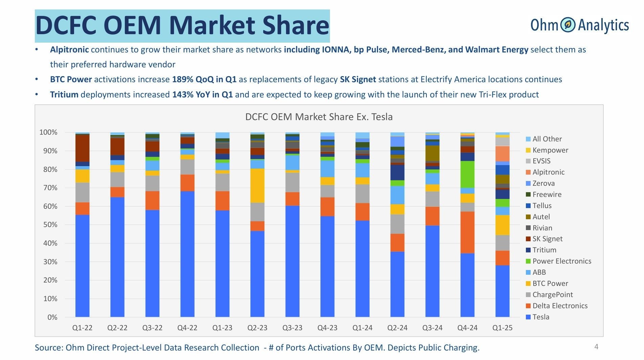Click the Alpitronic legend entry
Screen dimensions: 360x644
click(548, 172)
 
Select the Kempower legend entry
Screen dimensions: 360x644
click(550, 150)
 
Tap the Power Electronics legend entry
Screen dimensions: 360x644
click(561, 261)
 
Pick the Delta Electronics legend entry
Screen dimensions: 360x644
click(560, 306)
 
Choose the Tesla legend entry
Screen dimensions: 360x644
click(540, 317)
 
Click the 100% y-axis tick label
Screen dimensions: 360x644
click(48, 132)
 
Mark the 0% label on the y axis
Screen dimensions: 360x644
click(52, 317)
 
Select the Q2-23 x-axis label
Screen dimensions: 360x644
click(257, 328)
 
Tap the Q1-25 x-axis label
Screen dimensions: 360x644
click(502, 328)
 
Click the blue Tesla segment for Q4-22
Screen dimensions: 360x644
click(187, 254)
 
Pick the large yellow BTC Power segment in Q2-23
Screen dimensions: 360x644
click(258, 185)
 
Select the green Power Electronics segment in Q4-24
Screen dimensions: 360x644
click(467, 174)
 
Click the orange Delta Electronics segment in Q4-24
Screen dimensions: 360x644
click(467, 232)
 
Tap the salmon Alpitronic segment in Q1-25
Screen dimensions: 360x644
click(502, 154)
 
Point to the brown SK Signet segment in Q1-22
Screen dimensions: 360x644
click(82, 148)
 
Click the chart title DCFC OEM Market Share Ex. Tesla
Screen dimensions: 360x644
click(319, 117)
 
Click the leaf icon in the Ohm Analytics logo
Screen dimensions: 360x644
click(568, 25)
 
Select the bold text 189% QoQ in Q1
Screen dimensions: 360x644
click(204, 80)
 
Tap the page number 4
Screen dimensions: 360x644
click(596, 346)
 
